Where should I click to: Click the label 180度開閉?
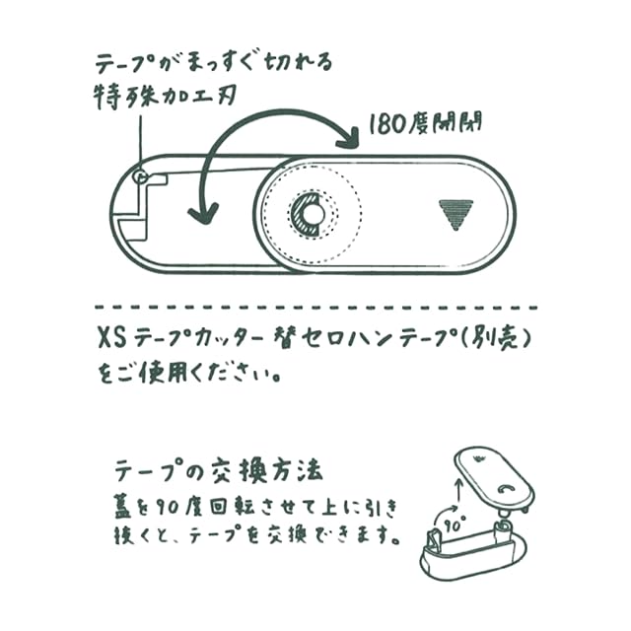click(425, 125)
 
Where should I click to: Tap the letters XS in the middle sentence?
click(112, 337)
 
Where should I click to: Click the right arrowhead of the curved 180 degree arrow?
click(352, 130)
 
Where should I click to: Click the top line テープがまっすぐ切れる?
click(213, 61)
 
